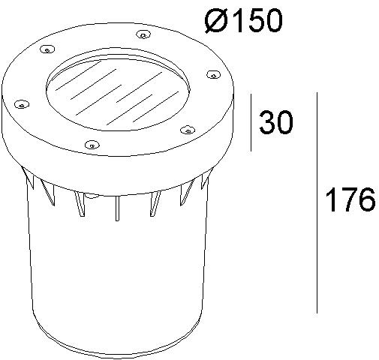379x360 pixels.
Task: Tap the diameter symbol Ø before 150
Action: (215, 21)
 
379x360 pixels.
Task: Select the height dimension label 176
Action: (350, 201)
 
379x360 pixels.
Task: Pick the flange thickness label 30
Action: (275, 122)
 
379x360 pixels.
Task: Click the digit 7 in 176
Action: (349, 201)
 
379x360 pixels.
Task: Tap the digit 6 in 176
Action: (365, 201)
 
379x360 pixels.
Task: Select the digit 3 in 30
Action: (266, 122)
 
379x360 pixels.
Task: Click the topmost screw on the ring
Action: (143, 34)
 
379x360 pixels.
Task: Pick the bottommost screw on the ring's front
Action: (91, 143)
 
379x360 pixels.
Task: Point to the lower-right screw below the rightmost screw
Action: (185, 128)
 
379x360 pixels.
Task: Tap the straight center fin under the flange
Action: (117, 209)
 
